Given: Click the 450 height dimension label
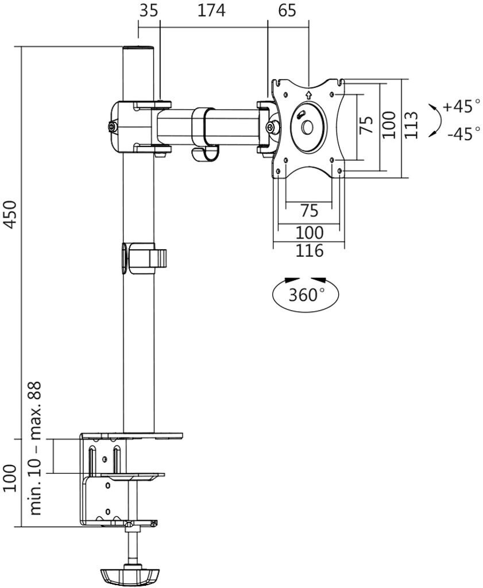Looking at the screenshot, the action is coord(11,214).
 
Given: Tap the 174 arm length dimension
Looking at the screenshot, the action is coord(211,10).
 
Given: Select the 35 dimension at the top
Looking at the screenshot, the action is coord(149,10).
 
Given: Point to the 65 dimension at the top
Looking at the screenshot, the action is coord(287,10).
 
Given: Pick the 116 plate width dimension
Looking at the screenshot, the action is coord(310,250).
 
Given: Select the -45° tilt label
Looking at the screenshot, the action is coord(463,133).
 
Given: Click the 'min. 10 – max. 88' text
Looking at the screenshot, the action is coord(36,448).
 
